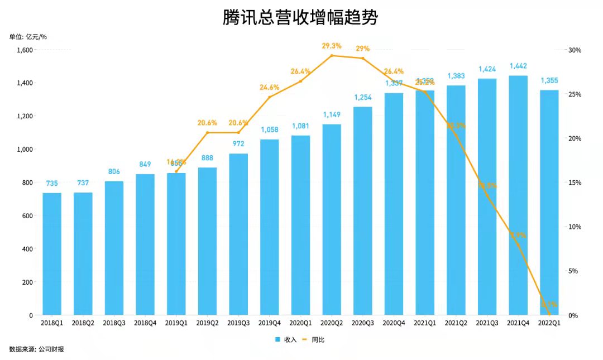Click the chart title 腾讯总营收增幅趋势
300,17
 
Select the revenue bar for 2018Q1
52,254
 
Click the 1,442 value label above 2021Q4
518,66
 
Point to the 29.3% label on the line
332,46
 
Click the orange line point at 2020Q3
363,58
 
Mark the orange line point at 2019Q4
270,97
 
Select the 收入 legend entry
285,339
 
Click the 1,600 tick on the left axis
25,50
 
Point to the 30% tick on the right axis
575,50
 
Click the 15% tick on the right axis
575,183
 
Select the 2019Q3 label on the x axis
238,323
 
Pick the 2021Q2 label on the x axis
456,323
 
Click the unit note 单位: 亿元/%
28,37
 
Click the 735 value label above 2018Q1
52,183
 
